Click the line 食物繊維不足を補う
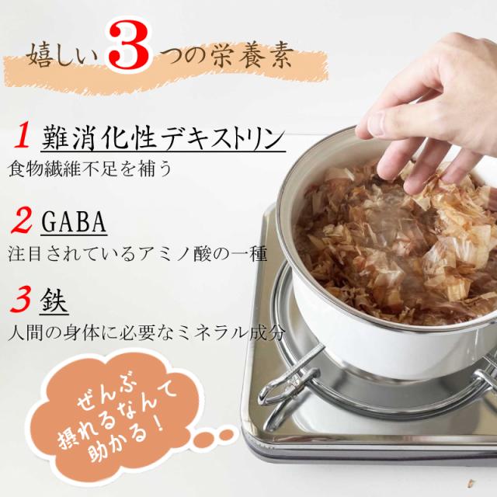pyautogui.click(x=90, y=169)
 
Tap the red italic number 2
pyautogui.click(x=21, y=222)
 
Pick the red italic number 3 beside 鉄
pyautogui.click(x=20, y=301)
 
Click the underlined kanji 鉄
pyautogui.click(x=54, y=301)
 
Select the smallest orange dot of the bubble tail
pyautogui.click(x=228, y=434)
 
